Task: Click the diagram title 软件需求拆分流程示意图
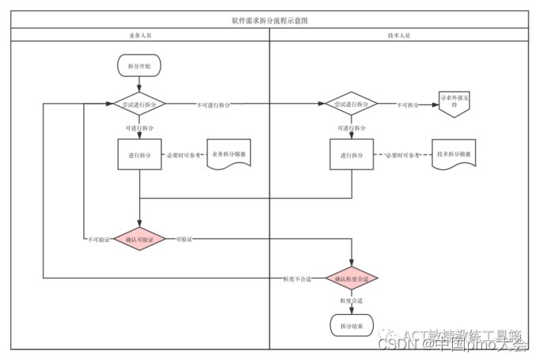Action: pos(269,21)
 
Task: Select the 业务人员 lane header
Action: pos(139,36)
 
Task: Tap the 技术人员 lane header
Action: pos(399,36)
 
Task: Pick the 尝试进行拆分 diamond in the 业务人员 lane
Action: pos(139,104)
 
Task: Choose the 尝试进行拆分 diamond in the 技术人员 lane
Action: pos(351,104)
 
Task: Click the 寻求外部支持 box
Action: pos(454,104)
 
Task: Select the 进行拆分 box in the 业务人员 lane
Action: pos(139,154)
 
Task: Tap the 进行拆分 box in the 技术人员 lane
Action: pos(351,154)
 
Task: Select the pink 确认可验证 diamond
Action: pos(139,239)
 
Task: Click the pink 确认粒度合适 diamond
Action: pos(351,279)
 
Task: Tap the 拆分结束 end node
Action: pos(351,325)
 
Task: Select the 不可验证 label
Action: pos(98,240)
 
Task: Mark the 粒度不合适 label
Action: pos(297,279)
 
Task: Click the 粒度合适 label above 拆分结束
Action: pos(351,301)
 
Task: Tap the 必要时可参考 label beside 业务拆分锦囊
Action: pos(184,155)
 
